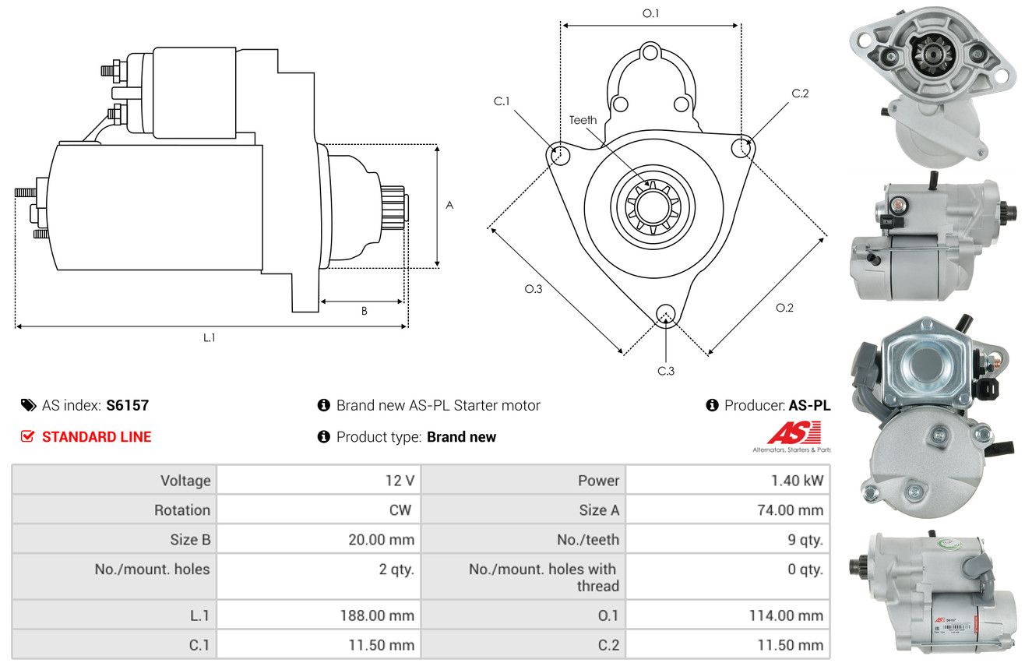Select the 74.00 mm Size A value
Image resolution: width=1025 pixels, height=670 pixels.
791,510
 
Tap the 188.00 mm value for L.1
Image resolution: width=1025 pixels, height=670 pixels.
377,615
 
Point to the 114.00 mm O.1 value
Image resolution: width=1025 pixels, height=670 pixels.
786,615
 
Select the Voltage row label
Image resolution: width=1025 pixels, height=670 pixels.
185,481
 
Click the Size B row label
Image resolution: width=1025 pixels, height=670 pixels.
190,540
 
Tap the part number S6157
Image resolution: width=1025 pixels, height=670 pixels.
127,405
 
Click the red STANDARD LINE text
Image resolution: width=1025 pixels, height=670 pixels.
97,436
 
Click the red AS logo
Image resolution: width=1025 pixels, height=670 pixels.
794,432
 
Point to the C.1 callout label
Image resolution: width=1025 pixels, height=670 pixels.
502,101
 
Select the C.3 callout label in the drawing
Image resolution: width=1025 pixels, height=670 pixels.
666,371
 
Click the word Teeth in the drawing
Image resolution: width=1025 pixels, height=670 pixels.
583,120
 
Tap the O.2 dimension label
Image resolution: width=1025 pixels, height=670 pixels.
784,308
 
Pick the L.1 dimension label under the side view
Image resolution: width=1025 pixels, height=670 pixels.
209,338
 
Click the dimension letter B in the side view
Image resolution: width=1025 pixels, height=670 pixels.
365,311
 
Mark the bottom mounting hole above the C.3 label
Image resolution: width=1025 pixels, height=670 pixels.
665,314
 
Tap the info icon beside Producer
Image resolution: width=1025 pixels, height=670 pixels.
712,405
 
